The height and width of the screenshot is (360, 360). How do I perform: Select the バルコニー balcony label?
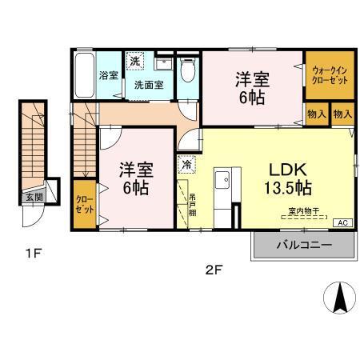pos(304,245)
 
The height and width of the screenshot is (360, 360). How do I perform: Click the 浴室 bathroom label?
pos(108,75)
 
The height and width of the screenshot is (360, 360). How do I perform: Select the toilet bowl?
pos(187,71)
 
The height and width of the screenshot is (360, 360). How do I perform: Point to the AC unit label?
pos(342,222)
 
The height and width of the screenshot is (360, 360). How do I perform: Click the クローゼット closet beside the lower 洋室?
pos(84,204)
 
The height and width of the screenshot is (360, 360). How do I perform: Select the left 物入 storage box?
pos(316,114)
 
